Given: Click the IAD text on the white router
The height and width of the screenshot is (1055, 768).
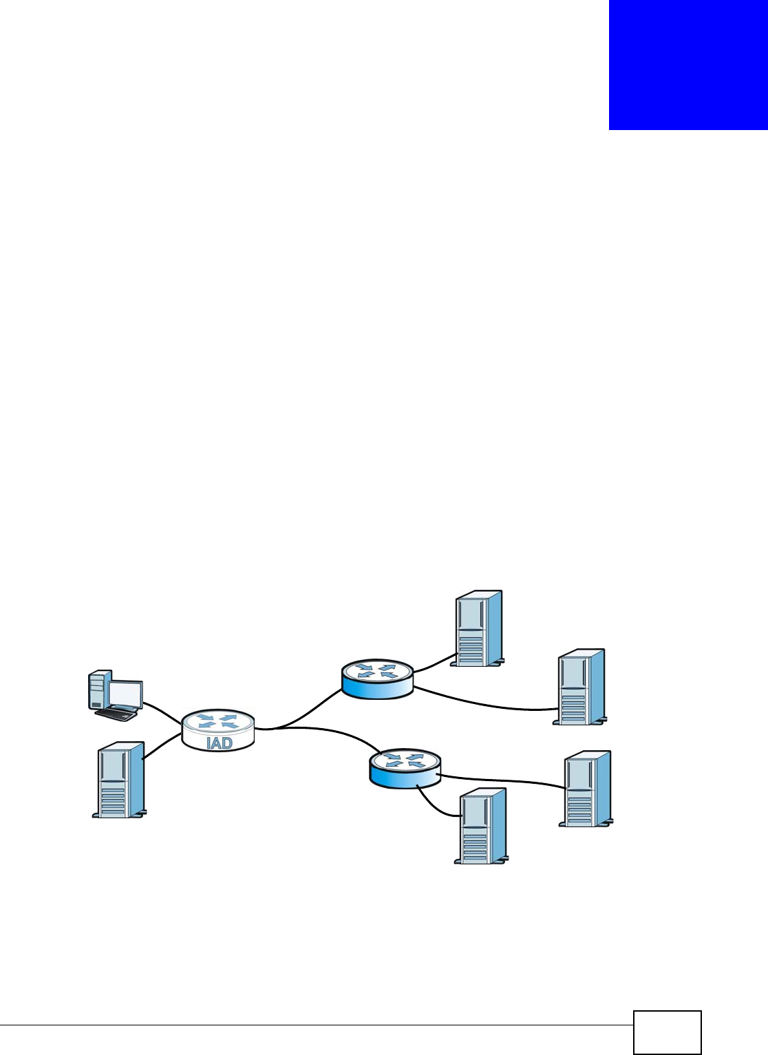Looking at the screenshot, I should [219, 743].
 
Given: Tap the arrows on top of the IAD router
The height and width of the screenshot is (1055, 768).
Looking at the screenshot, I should [217, 721].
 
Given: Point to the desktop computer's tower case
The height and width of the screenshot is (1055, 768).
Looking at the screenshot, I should [98, 690].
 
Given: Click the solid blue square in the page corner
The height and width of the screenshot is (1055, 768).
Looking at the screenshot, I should [687, 65].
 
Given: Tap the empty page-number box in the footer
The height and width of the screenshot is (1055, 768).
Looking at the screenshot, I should [667, 1032].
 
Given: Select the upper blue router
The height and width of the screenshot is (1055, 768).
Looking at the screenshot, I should [377, 678].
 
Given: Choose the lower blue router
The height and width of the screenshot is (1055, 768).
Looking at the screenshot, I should [405, 769].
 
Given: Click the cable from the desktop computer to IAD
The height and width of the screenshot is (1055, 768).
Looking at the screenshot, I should [162, 711].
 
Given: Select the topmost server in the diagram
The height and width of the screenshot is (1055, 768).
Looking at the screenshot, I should [478, 628].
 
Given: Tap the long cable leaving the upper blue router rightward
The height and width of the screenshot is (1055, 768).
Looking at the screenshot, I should [482, 701].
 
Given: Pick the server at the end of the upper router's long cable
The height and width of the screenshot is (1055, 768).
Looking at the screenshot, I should [581, 686].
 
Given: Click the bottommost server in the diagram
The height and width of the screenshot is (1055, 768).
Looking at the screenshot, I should [482, 826].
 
